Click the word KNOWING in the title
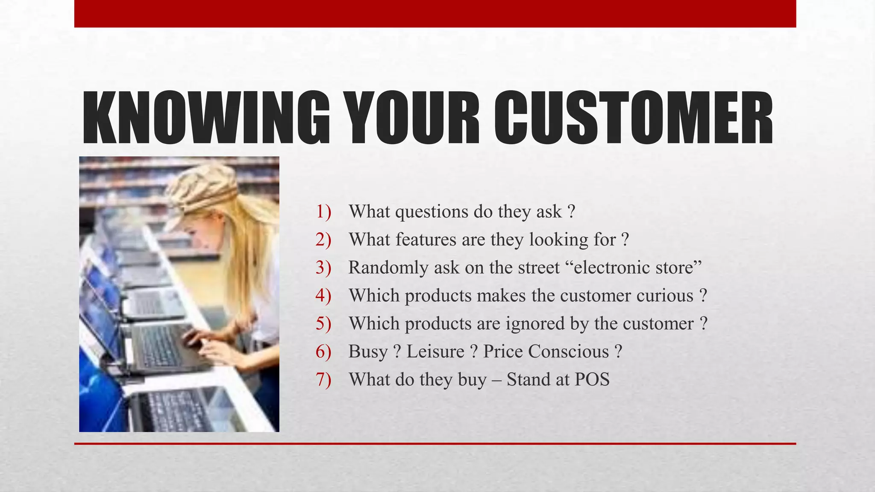coord(206,118)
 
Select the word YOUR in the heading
coord(412,118)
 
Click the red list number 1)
coord(323,212)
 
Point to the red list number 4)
coord(323,296)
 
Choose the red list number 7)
coord(323,380)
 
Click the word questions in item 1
coord(432,212)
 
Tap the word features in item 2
coord(426,240)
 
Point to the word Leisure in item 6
coord(435,351)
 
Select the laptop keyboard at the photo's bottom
coord(179,410)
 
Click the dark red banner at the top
coord(435,14)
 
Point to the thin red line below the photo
coord(435,444)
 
